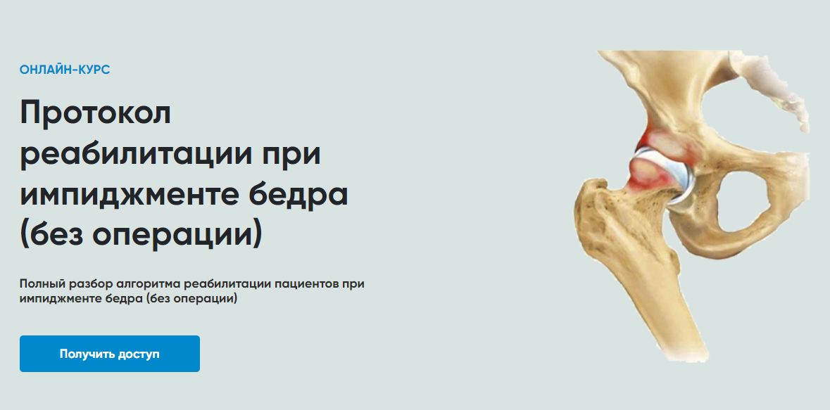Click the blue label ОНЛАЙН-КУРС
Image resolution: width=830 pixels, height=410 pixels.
click(65, 70)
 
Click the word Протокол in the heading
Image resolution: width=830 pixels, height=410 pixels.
click(95, 113)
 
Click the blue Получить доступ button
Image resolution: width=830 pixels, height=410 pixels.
click(110, 354)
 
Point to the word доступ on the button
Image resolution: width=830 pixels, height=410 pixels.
click(140, 354)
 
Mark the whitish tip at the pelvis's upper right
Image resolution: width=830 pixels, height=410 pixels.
click(778, 90)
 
